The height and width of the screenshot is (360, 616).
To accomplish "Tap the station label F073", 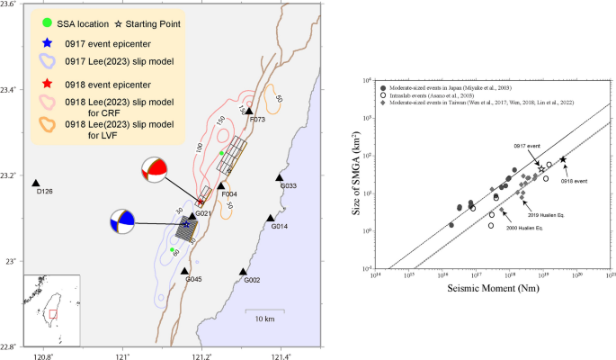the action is [x=258, y=119].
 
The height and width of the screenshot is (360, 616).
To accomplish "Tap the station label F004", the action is [x=228, y=193].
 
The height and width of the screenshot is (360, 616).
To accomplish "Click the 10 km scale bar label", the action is [x=263, y=319].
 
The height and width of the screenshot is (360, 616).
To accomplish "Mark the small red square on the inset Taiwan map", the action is [x=53, y=313].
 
